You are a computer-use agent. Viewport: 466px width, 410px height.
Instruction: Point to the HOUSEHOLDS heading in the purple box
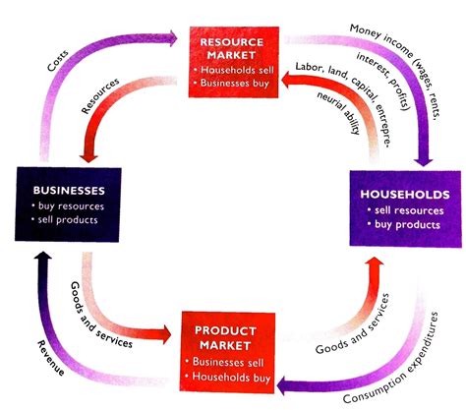click(403, 195)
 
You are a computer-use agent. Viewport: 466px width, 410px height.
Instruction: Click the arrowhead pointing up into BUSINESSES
click(37, 259)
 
